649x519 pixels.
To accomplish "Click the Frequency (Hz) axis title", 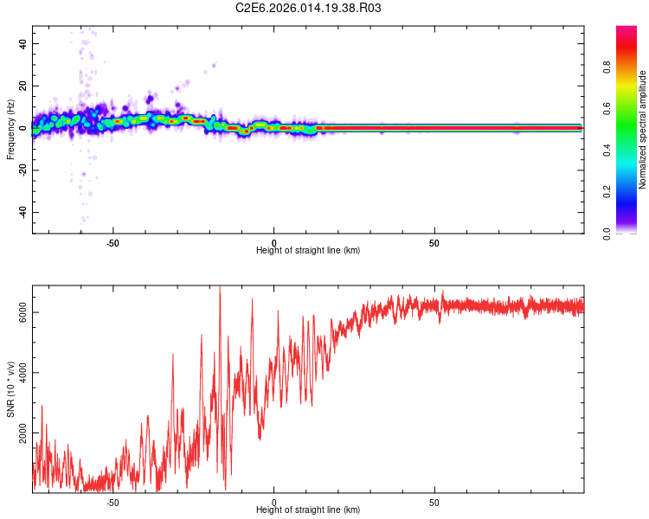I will tap(10, 129).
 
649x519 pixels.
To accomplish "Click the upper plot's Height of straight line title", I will tap(308, 251).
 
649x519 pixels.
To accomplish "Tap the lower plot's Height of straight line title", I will tap(308, 510).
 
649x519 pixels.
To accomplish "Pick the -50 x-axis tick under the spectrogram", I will tap(112, 242).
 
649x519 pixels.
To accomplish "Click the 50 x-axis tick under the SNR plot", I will tap(434, 502).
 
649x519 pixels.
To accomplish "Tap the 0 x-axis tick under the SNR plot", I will tap(273, 502).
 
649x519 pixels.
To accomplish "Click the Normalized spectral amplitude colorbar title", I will tap(643, 129).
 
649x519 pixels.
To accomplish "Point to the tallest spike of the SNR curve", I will tap(220, 287).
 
